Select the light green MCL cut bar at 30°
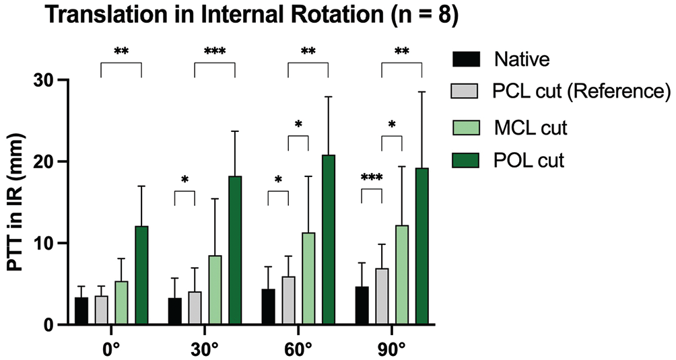pyautogui.click(x=215, y=290)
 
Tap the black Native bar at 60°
pyautogui.click(x=269, y=307)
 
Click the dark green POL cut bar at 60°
pyautogui.click(x=329, y=240)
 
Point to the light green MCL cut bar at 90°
pyautogui.click(x=402, y=275)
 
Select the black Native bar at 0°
pyautogui.click(x=81, y=311)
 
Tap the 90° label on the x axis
pyautogui.click(x=391, y=347)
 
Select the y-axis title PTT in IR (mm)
pyautogui.click(x=16, y=203)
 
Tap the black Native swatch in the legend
pyautogui.click(x=466, y=59)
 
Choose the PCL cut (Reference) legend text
pyautogui.click(x=581, y=92)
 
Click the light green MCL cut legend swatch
pyautogui.click(x=466, y=127)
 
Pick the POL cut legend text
pyautogui.click(x=529, y=161)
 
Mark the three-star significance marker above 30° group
pyautogui.click(x=215, y=52)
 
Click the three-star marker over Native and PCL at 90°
pyautogui.click(x=372, y=178)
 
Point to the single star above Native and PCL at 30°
pyautogui.click(x=185, y=180)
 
